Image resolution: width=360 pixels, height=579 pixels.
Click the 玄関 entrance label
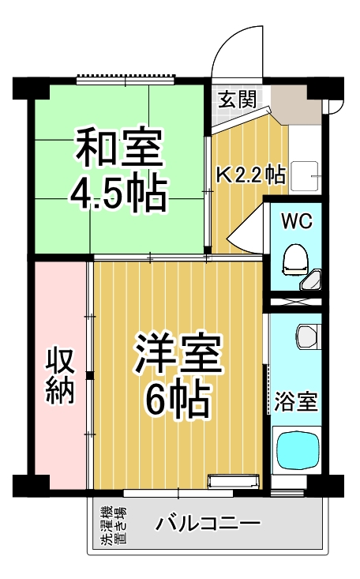pyautogui.click(x=237, y=100)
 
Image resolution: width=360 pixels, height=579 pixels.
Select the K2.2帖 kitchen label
pyautogui.click(x=250, y=174)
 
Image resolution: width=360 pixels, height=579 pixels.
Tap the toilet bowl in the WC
pyautogui.click(x=296, y=258)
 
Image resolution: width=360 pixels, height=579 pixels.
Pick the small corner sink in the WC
pyautogui.click(x=315, y=280)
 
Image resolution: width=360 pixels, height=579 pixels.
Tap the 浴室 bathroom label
pyautogui.click(x=296, y=401)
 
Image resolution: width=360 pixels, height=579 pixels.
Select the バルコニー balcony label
pyautogui.click(x=207, y=523)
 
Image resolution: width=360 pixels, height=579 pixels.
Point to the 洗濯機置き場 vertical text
pyautogui.click(x=111, y=527)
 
